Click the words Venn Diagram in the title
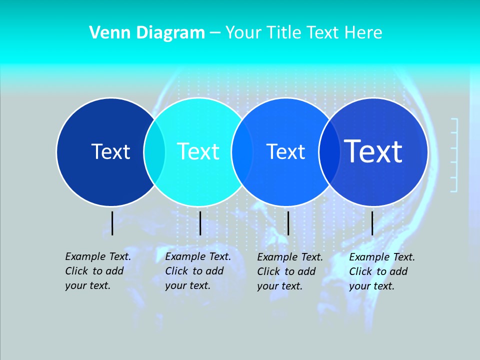point(147,33)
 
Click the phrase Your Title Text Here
point(303,33)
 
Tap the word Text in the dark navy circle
point(110,151)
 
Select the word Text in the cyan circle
point(198,151)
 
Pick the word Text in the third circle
point(285,151)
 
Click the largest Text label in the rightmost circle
point(373,151)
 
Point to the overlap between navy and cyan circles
point(154,152)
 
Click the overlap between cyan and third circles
point(242,152)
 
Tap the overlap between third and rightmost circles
point(329,152)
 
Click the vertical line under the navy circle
point(112,223)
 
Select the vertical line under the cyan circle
point(200,223)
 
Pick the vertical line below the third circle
point(288,223)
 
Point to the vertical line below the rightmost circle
point(372,223)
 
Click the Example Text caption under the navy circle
point(98,271)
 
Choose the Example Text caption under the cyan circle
point(198,271)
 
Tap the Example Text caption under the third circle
point(290,271)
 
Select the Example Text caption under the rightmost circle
point(382,271)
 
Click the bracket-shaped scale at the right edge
point(454,155)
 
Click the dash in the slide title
point(215,33)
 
